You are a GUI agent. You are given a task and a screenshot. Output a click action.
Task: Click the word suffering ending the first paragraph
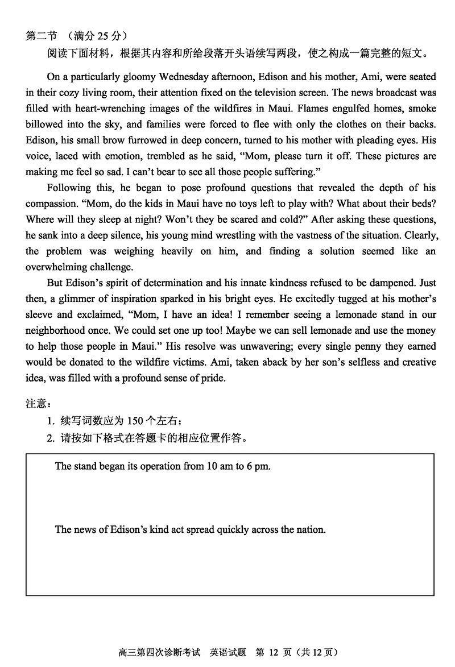tap(285, 171)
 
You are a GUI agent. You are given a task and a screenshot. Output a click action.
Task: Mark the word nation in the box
tap(311, 529)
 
